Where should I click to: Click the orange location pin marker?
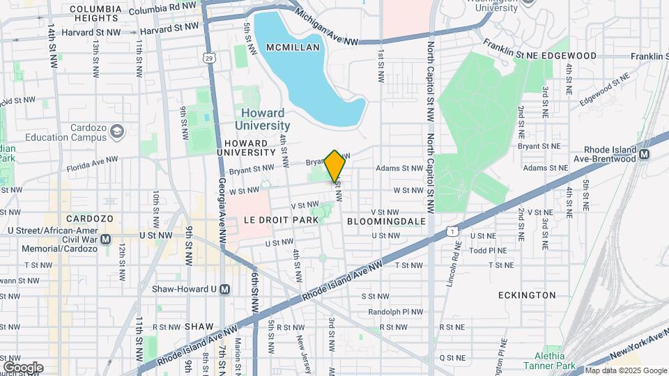pyautogui.click(x=334, y=166)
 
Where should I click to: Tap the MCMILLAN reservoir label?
pyautogui.click(x=293, y=47)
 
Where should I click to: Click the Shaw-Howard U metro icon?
pyautogui.click(x=224, y=289)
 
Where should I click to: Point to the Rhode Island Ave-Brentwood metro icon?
pyautogui.click(x=644, y=154)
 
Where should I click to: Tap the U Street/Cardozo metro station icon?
pyautogui.click(x=106, y=240)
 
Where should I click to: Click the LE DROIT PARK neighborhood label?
pyautogui.click(x=281, y=219)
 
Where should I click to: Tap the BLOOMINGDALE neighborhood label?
pyautogui.click(x=386, y=220)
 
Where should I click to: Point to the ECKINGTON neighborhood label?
pyautogui.click(x=527, y=295)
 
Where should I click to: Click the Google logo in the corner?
pyautogui.click(x=22, y=367)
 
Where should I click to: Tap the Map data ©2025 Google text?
pyautogui.click(x=625, y=370)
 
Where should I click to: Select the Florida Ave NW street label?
pyautogui.click(x=92, y=164)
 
